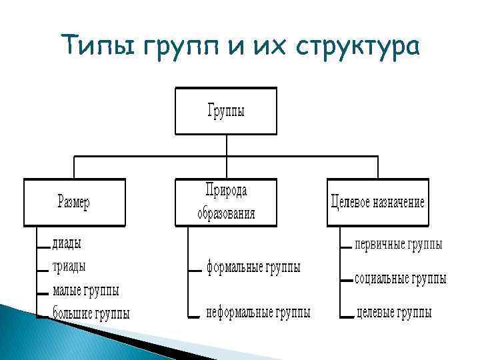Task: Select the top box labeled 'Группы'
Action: pos(226,111)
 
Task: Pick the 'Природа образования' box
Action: pos(225,202)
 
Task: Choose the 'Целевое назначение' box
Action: pos(377,202)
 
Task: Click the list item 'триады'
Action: pos(69,267)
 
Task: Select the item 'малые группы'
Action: pos(86,290)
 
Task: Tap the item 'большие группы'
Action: pos(91,313)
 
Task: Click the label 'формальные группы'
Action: pos(253,268)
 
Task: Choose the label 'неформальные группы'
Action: pos(258,312)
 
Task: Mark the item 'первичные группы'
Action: pos(398,245)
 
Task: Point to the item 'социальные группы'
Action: pos(400,279)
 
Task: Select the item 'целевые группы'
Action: pos(394,312)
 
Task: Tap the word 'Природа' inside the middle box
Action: pos(226,191)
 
